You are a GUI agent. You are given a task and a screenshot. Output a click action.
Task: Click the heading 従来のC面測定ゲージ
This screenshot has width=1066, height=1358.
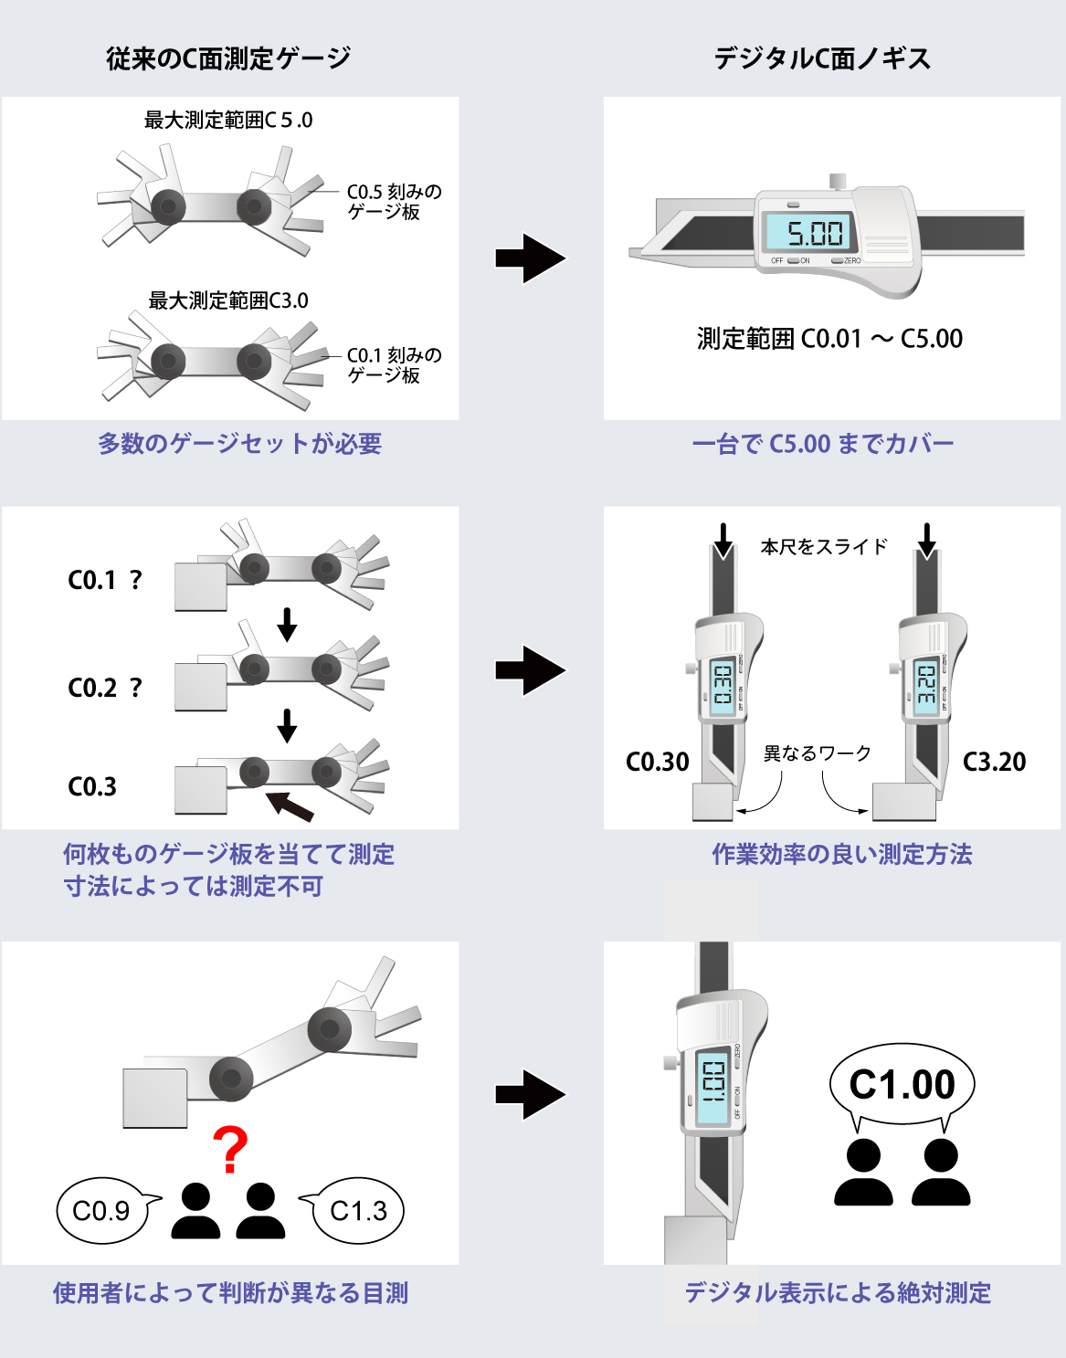point(228,58)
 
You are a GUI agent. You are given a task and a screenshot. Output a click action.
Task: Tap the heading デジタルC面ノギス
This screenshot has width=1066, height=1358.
point(822,58)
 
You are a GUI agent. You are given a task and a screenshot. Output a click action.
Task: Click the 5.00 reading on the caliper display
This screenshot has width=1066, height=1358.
point(815,234)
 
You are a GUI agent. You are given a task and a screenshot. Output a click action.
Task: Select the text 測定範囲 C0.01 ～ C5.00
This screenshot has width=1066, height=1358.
point(829,339)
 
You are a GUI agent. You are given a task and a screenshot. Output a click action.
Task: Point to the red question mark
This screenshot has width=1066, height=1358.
point(229,1150)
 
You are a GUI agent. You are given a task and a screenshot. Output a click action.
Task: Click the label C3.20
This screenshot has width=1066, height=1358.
point(994,762)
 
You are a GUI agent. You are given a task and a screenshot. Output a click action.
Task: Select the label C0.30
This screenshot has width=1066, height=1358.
point(658,762)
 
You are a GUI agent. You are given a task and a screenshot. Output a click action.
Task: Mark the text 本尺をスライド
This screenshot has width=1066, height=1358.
point(824,547)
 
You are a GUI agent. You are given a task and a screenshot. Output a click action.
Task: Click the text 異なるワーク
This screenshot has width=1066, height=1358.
point(818,753)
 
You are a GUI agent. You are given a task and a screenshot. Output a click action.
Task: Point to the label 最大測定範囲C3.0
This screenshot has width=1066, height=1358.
point(228,300)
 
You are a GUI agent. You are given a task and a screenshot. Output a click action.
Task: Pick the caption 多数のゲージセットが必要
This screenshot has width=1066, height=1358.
point(239,444)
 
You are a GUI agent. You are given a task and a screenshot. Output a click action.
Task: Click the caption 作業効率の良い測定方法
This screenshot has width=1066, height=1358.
point(841,854)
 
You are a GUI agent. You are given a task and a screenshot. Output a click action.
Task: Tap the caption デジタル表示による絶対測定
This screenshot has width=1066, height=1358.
point(838,1293)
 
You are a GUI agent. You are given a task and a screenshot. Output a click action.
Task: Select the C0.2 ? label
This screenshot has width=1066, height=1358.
point(105,688)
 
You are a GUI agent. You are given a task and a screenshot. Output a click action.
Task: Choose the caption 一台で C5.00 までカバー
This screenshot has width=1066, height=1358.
point(823,444)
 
